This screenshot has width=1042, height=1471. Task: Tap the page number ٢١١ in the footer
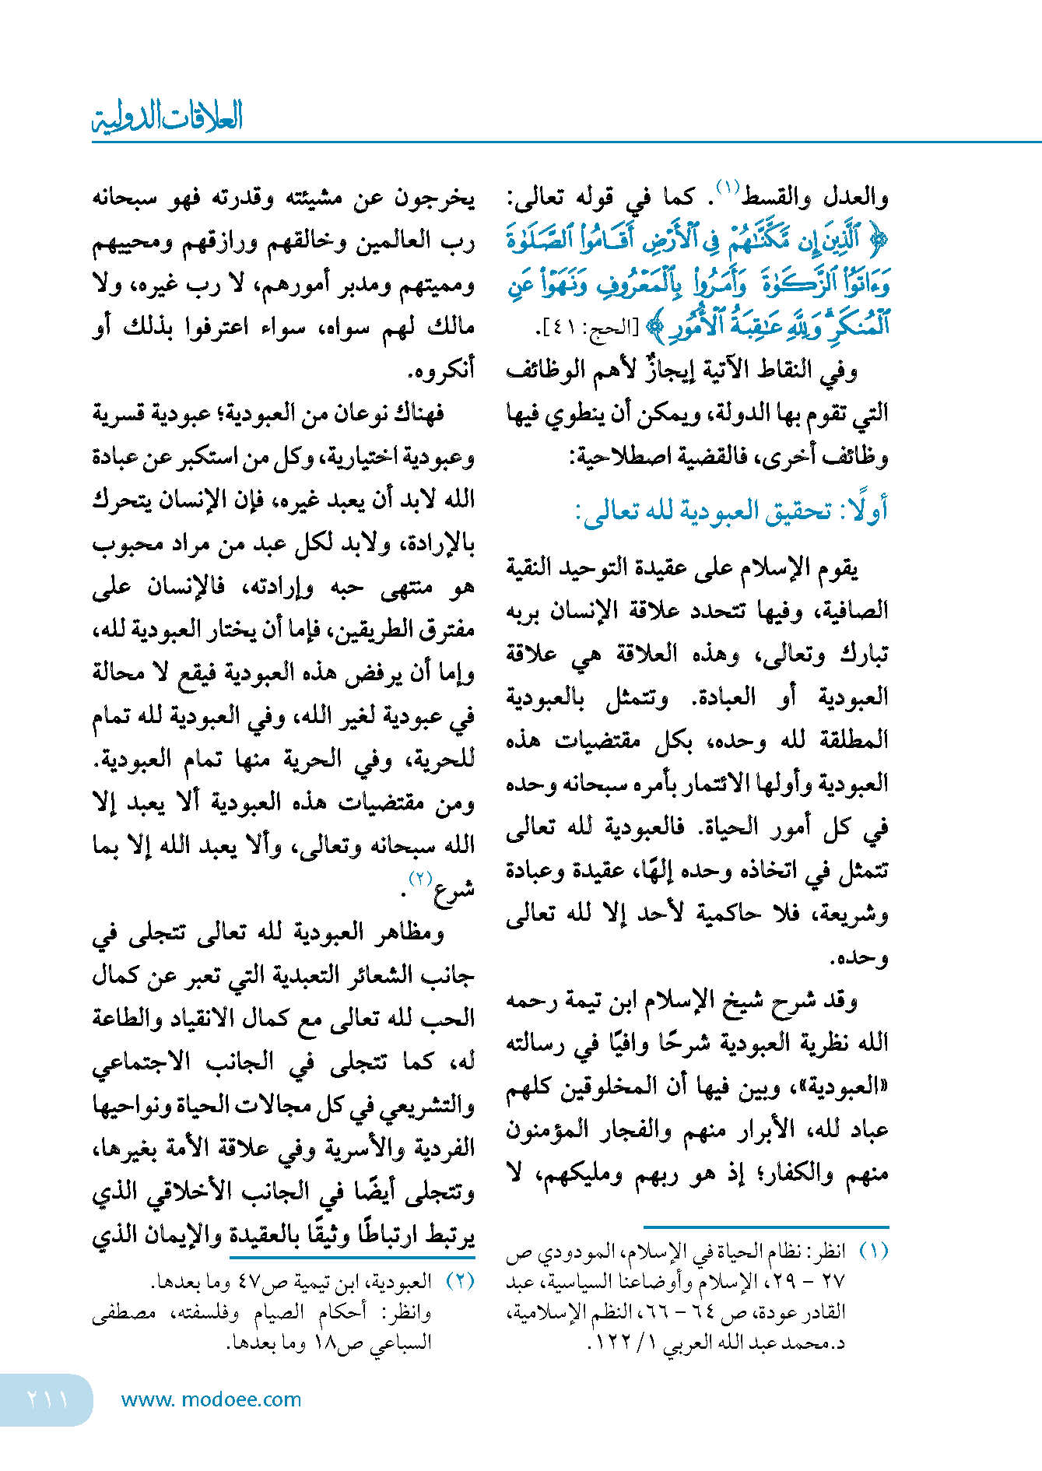[47, 1399]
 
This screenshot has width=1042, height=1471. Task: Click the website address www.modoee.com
[211, 1399]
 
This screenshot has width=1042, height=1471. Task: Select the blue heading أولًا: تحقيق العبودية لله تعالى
[732, 511]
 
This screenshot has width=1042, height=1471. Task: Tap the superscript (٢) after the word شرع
[420, 879]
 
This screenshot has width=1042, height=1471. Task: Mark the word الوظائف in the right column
[544, 370]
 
